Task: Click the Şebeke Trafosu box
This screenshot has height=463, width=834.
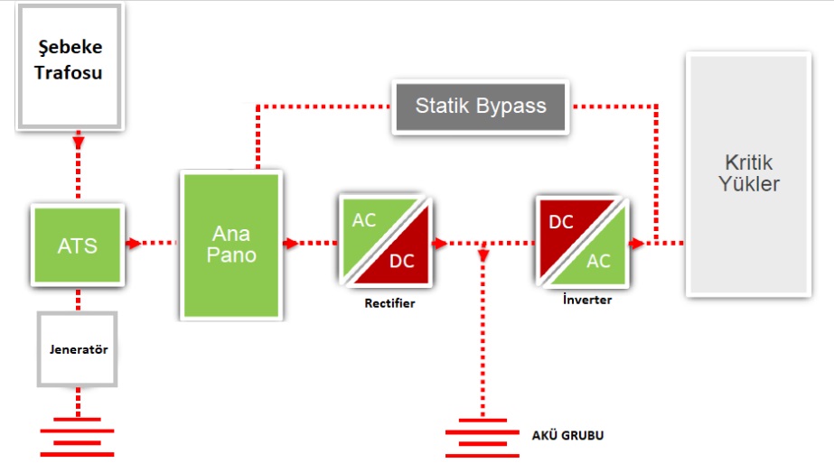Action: click(x=68, y=63)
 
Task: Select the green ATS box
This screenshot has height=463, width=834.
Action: click(x=77, y=245)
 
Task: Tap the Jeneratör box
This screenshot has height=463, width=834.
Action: click(x=78, y=349)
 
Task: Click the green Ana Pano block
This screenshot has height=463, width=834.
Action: click(x=231, y=245)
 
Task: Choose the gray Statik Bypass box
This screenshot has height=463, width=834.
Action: click(x=481, y=106)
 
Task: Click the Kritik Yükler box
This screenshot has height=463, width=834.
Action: click(x=748, y=174)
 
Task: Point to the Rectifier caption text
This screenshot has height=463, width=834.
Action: click(x=390, y=303)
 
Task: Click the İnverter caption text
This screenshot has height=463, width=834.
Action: click(x=586, y=300)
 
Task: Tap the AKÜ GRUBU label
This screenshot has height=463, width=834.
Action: click(x=567, y=435)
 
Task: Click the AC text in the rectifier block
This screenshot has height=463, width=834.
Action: click(x=365, y=220)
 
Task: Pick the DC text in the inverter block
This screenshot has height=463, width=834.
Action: click(x=561, y=222)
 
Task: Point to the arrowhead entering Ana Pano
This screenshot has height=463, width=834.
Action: click(x=134, y=243)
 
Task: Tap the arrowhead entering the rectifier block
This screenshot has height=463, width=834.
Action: click(x=291, y=243)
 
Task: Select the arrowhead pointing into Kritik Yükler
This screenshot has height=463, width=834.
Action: click(x=636, y=243)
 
